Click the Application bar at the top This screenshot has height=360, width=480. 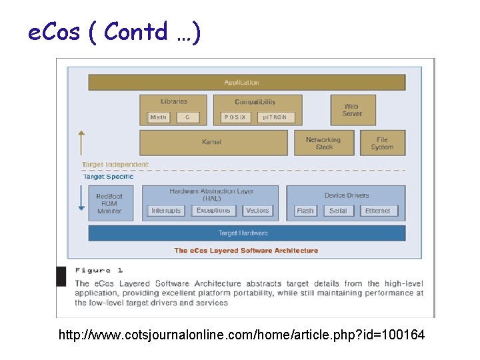tap(247, 83)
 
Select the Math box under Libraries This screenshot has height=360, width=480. tap(159, 117)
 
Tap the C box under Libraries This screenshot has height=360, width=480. tap(188, 117)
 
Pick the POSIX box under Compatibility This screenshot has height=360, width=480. tap(235, 117)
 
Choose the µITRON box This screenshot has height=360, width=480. tap(274, 117)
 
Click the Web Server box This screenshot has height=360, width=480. tap(353, 110)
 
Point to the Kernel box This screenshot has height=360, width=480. tap(212, 143)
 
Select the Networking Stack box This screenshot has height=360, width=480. tap(323, 143)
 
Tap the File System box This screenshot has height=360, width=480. tap(382, 143)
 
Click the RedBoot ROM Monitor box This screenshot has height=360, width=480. tap(110, 203)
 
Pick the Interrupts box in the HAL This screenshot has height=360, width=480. tap(166, 211)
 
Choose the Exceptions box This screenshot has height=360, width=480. tap(213, 211)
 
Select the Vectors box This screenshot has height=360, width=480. tap(257, 211)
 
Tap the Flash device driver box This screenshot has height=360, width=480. tap(305, 211)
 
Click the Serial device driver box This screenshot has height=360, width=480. tap(338, 211)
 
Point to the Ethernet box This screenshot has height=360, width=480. tap(378, 211)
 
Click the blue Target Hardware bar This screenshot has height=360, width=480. tap(247, 233)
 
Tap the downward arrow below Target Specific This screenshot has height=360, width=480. tap(81, 199)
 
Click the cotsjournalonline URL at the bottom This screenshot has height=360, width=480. tap(241, 335)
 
